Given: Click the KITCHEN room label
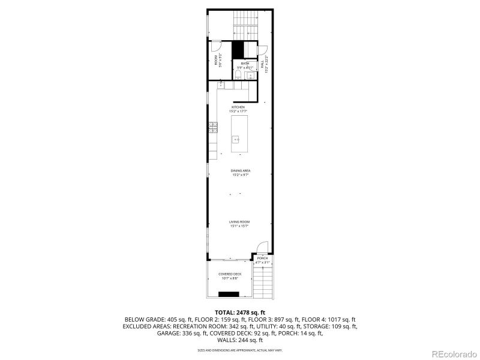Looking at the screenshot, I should tap(238, 107).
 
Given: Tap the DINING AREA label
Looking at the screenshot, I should tap(240, 171).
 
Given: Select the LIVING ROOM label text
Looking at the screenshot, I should tap(239, 222).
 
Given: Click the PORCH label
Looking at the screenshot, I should tap(262, 258).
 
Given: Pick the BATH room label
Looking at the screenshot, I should tap(245, 63).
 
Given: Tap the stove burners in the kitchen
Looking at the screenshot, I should tap(212, 125).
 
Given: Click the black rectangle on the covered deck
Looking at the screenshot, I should tap(228, 294).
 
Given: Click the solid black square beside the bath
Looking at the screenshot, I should tap(238, 49).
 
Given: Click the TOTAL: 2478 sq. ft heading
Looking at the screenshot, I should tap(239, 313).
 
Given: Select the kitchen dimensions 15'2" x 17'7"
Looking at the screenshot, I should tap(238, 112).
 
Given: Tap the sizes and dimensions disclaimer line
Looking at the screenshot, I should tap(239, 349).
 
